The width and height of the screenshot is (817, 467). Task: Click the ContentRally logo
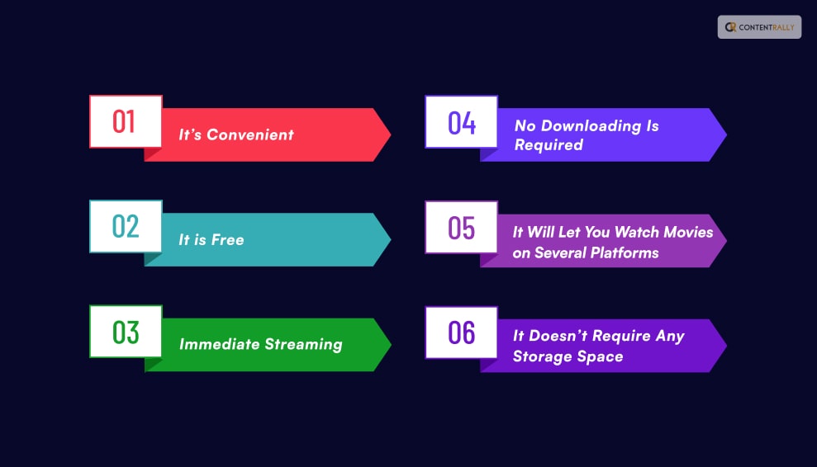(x=759, y=27)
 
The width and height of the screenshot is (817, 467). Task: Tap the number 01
(x=124, y=121)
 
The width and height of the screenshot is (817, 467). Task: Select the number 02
(x=125, y=226)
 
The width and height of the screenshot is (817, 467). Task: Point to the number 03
(x=126, y=332)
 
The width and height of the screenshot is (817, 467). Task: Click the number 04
(x=462, y=122)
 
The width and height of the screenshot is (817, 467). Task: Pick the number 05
(x=462, y=227)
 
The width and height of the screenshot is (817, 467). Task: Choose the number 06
(x=462, y=333)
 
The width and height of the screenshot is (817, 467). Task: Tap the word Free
(x=228, y=240)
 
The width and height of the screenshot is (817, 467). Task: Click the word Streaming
(x=302, y=345)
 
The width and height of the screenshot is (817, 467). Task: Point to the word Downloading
(x=589, y=125)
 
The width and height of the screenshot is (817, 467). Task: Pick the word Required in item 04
(x=549, y=145)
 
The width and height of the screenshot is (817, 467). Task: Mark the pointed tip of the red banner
(x=389, y=134)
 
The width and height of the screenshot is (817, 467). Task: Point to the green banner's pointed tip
(x=389, y=345)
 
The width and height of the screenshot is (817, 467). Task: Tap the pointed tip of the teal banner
(x=389, y=240)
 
